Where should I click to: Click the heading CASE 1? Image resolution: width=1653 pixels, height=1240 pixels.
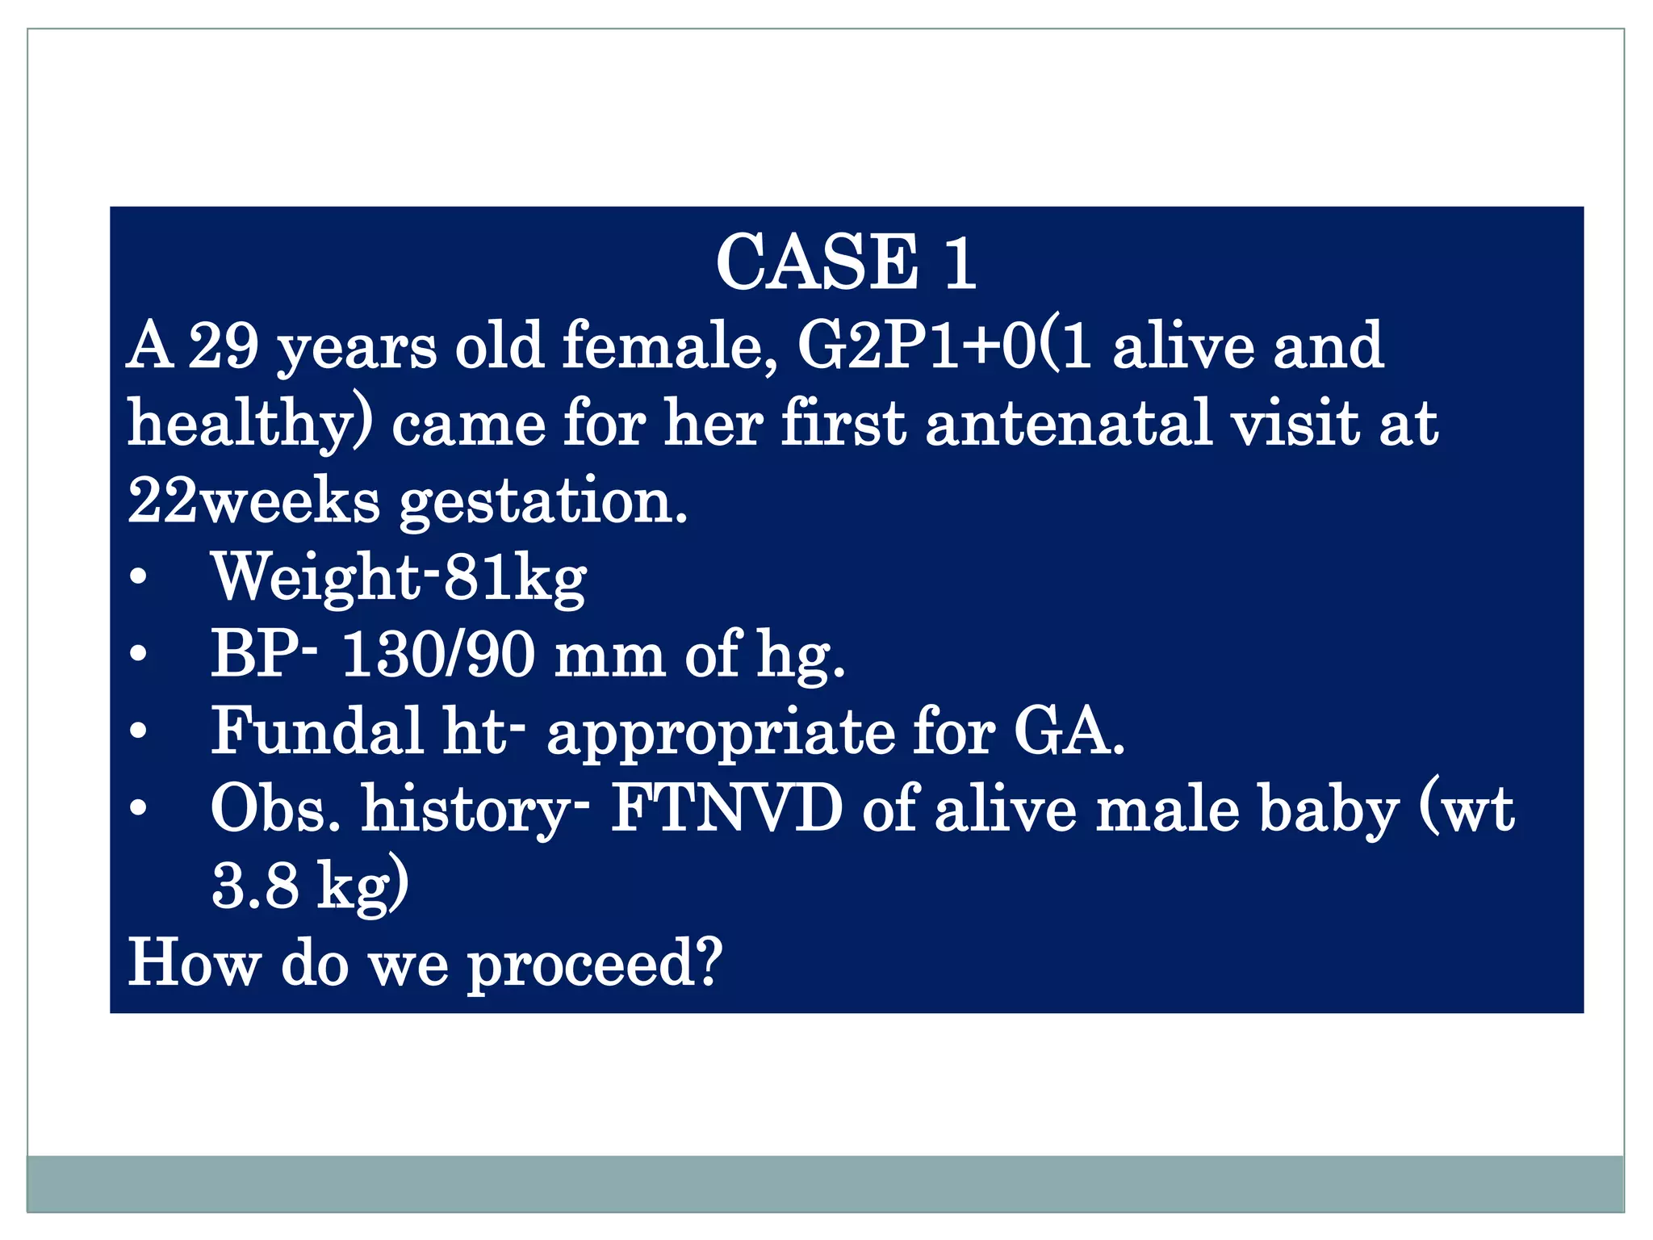(845, 262)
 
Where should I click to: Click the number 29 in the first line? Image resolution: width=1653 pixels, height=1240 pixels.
(224, 346)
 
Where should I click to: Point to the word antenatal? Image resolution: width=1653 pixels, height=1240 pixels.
(1069, 423)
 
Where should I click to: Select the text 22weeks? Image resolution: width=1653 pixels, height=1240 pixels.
(253, 501)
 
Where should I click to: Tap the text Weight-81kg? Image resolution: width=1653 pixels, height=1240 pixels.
(399, 578)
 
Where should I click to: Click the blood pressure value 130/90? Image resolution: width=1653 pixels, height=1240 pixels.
(438, 654)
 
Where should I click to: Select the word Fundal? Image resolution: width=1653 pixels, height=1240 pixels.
(316, 731)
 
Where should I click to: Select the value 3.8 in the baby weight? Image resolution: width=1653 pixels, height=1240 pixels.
(255, 886)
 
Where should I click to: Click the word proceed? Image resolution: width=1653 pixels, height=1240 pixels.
(595, 963)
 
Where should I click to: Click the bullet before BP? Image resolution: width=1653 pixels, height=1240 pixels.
(139, 654)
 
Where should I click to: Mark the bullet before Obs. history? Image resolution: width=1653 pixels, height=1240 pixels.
(139, 808)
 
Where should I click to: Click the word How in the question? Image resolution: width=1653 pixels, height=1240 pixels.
(195, 962)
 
